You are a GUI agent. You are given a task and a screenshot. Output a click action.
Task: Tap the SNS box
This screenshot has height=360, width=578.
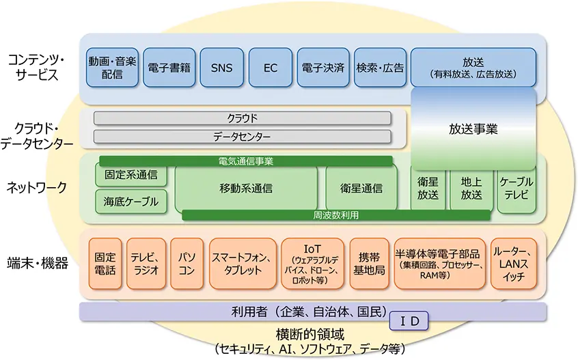point(221,68)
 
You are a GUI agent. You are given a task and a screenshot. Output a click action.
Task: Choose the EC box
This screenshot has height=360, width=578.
point(270,68)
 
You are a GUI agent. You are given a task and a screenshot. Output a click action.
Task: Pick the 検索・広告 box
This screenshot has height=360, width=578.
point(381,68)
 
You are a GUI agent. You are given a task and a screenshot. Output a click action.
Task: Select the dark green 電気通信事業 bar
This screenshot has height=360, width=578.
point(246,161)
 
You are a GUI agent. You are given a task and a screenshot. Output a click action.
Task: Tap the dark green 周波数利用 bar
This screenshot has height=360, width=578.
point(336,215)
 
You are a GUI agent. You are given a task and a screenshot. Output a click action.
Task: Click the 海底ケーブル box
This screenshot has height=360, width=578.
point(131,202)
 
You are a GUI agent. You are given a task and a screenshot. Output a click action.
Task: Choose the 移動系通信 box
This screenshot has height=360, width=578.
point(246,188)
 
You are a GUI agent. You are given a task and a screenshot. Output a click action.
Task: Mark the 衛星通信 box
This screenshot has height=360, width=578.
point(359,188)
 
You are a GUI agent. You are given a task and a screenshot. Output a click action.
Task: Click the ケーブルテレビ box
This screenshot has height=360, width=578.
point(517,188)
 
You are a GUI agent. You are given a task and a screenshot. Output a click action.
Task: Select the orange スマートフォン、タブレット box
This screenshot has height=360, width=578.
point(242,263)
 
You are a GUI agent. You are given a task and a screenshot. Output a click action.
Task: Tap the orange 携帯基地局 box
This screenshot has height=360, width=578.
point(369,263)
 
